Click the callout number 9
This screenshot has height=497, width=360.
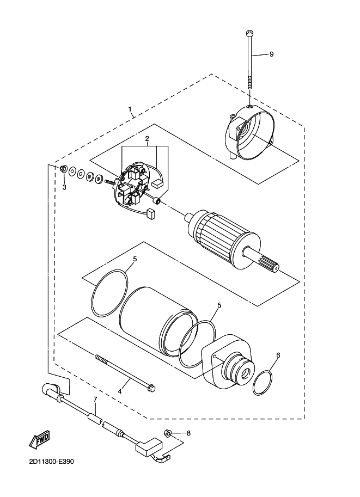[x=271, y=54]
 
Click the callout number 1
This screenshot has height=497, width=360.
[x=131, y=109]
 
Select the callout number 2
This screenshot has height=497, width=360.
[x=147, y=139]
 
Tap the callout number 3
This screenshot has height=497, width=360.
[x=64, y=187]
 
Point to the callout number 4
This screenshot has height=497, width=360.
[x=120, y=390]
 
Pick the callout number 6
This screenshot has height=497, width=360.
[x=278, y=355]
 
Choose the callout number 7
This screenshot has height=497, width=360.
[x=95, y=400]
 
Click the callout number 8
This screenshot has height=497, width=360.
[x=188, y=433]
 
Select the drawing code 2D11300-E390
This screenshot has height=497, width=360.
[x=48, y=462]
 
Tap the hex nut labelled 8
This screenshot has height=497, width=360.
[x=168, y=433]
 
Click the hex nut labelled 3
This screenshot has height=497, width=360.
[x=63, y=170]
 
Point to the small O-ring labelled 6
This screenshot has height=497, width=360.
[x=263, y=382]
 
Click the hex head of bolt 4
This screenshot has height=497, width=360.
[x=152, y=388]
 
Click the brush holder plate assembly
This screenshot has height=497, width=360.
[x=131, y=185]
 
